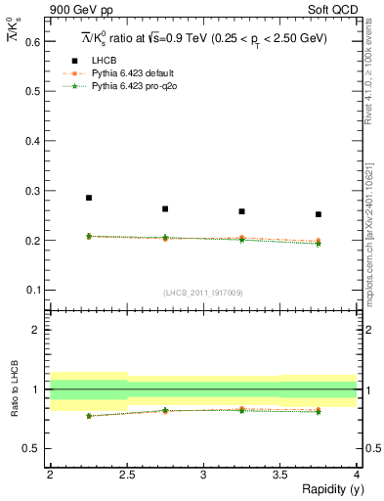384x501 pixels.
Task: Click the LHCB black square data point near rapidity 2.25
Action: (x=88, y=198)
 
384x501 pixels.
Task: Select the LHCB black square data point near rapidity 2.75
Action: (x=165, y=208)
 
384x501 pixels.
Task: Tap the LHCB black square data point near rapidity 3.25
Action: (x=241, y=211)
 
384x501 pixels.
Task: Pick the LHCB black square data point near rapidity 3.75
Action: (x=319, y=214)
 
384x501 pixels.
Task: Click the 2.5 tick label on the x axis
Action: (x=126, y=474)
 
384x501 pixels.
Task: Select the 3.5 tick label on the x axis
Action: (x=279, y=474)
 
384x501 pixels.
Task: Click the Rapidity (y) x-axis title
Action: (x=325, y=489)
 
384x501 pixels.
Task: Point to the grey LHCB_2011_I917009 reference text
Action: (x=203, y=293)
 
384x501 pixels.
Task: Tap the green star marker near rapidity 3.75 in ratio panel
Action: (x=319, y=412)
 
